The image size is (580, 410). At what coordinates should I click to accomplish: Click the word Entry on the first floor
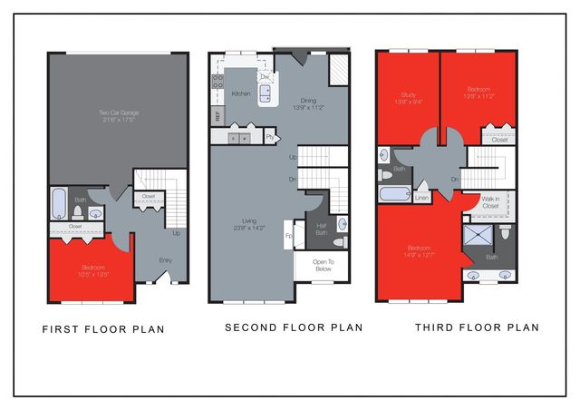166,260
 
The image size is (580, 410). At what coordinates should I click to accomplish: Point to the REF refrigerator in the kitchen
217,115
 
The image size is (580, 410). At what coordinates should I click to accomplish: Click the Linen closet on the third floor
422,196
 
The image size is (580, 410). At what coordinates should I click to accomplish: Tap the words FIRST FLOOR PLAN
103,329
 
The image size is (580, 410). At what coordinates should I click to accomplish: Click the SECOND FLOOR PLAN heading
294,327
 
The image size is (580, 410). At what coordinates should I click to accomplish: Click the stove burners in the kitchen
217,84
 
